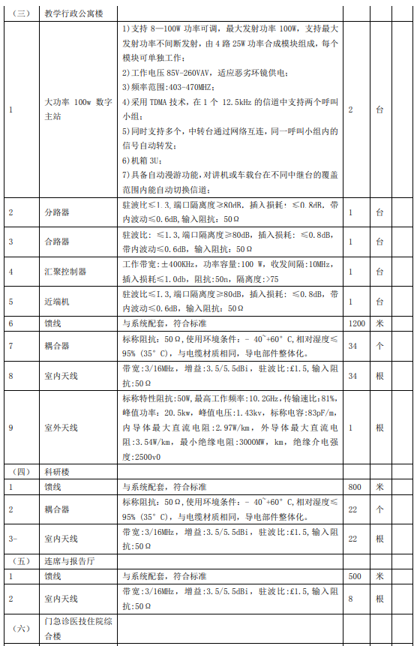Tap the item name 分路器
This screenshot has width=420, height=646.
point(57,213)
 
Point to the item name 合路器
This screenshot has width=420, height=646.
point(57,242)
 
